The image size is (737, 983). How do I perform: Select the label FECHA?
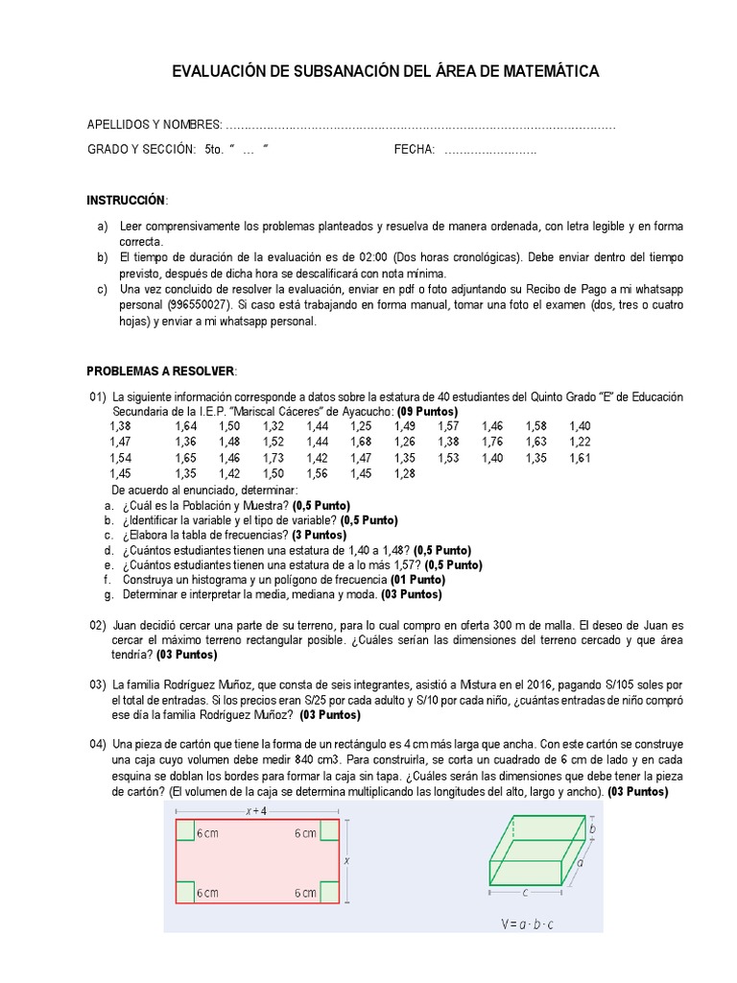(x=414, y=150)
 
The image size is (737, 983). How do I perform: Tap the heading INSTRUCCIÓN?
(x=127, y=200)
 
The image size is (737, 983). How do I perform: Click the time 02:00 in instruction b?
(x=368, y=257)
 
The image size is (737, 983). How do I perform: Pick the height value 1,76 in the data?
(x=492, y=442)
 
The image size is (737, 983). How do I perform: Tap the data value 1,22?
(x=580, y=442)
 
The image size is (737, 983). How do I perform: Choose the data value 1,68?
(x=360, y=442)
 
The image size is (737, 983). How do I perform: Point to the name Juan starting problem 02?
(x=128, y=624)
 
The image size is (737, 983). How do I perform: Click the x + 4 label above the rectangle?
(x=256, y=811)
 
